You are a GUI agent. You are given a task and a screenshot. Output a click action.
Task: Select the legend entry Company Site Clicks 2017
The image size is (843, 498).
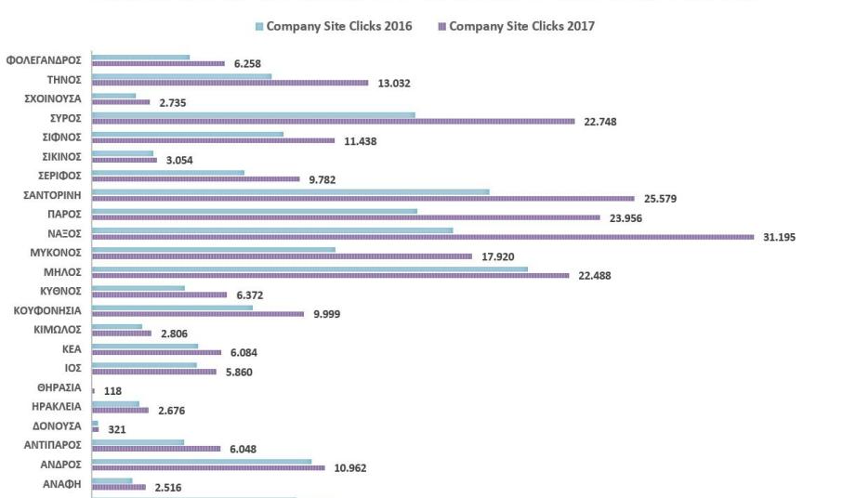pyautogui.click(x=520, y=26)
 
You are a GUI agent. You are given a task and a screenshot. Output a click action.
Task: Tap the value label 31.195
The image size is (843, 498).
pyautogui.click(x=779, y=237)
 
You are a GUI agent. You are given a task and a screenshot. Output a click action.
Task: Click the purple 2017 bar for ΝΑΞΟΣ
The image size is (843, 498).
pyautogui.click(x=423, y=237)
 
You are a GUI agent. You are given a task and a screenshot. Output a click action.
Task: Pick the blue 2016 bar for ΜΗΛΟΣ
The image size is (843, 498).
pyautogui.click(x=310, y=269)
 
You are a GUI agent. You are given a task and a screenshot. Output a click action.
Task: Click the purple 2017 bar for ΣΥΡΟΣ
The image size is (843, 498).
pyautogui.click(x=334, y=121)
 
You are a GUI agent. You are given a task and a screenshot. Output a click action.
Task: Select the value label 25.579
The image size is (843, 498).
pyautogui.click(x=660, y=199)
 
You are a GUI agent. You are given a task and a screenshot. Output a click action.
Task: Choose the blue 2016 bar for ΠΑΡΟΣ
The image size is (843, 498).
pyautogui.click(x=255, y=211)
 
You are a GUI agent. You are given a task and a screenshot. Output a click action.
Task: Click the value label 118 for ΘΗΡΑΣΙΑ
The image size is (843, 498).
pyautogui.click(x=112, y=391)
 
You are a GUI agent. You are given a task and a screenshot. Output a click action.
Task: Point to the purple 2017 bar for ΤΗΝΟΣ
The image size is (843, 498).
pyautogui.click(x=231, y=83)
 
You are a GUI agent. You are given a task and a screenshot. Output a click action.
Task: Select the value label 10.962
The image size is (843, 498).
pyautogui.click(x=350, y=468)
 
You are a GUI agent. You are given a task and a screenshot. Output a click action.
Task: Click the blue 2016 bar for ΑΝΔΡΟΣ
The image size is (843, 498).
pyautogui.click(x=202, y=461)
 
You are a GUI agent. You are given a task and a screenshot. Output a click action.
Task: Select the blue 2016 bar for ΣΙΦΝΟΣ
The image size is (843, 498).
pyautogui.click(x=188, y=134)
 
